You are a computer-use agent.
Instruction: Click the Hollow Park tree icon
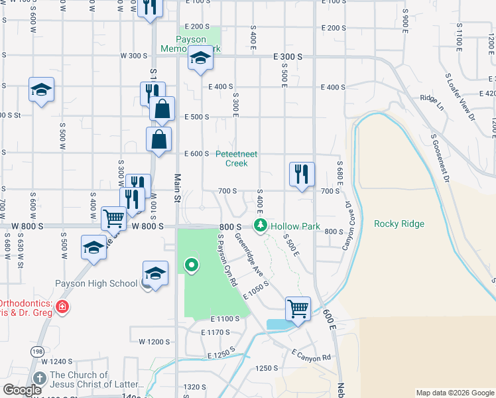261,226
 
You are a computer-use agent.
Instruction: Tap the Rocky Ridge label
399,224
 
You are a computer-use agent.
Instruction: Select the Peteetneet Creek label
237,159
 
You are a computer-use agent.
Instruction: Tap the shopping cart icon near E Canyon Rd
298,308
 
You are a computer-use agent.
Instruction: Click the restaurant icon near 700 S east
302,174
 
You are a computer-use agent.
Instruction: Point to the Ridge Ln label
430,98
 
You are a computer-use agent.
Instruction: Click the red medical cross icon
62,306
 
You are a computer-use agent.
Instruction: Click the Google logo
23,390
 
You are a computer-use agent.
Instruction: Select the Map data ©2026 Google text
454,393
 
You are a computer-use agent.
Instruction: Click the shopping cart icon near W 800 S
113,217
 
